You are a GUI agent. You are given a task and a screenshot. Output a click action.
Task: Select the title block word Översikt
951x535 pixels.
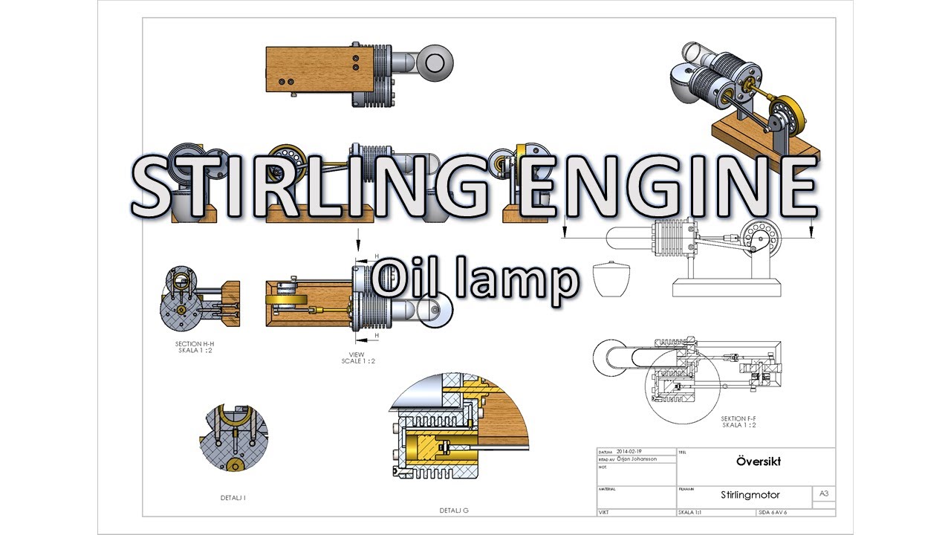point(759,461)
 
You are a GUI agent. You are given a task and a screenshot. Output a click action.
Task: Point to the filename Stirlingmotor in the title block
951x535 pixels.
point(750,495)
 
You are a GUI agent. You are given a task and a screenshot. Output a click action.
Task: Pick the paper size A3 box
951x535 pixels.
point(823,493)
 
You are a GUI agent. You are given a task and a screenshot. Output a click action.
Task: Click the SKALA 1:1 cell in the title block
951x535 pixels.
point(691,513)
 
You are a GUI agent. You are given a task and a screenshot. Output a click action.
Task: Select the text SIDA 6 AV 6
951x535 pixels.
point(773,513)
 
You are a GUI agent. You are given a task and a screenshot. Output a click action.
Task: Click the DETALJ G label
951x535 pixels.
point(454,510)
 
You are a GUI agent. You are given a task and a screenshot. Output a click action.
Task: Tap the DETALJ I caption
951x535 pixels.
point(233,498)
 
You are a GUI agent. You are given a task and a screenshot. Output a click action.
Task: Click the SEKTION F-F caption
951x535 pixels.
point(739,422)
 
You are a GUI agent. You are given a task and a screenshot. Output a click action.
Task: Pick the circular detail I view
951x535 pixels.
point(233,438)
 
